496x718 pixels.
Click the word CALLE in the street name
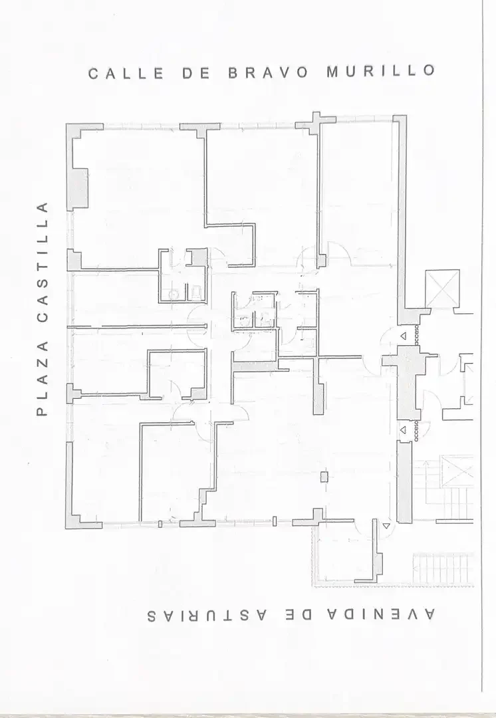[x=126, y=74]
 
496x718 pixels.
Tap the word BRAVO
[x=269, y=73]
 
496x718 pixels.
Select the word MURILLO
[x=380, y=71]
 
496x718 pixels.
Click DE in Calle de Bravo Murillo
[x=196, y=73]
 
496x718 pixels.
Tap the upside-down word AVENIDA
[x=381, y=614]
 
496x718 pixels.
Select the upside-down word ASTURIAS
[x=207, y=616]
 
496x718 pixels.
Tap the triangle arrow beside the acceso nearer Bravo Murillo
[x=403, y=336]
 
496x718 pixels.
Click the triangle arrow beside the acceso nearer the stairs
[x=403, y=430]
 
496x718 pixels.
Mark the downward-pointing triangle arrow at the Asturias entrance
[x=387, y=526]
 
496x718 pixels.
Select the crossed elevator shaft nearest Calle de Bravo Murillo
[x=442, y=289]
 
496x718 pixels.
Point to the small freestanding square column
[x=324, y=477]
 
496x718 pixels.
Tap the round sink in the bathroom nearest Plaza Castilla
[x=173, y=295]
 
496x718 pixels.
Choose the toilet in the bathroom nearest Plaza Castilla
[x=197, y=292]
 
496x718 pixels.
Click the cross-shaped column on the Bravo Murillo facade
[x=316, y=123]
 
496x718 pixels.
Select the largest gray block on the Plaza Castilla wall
[x=77, y=187]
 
